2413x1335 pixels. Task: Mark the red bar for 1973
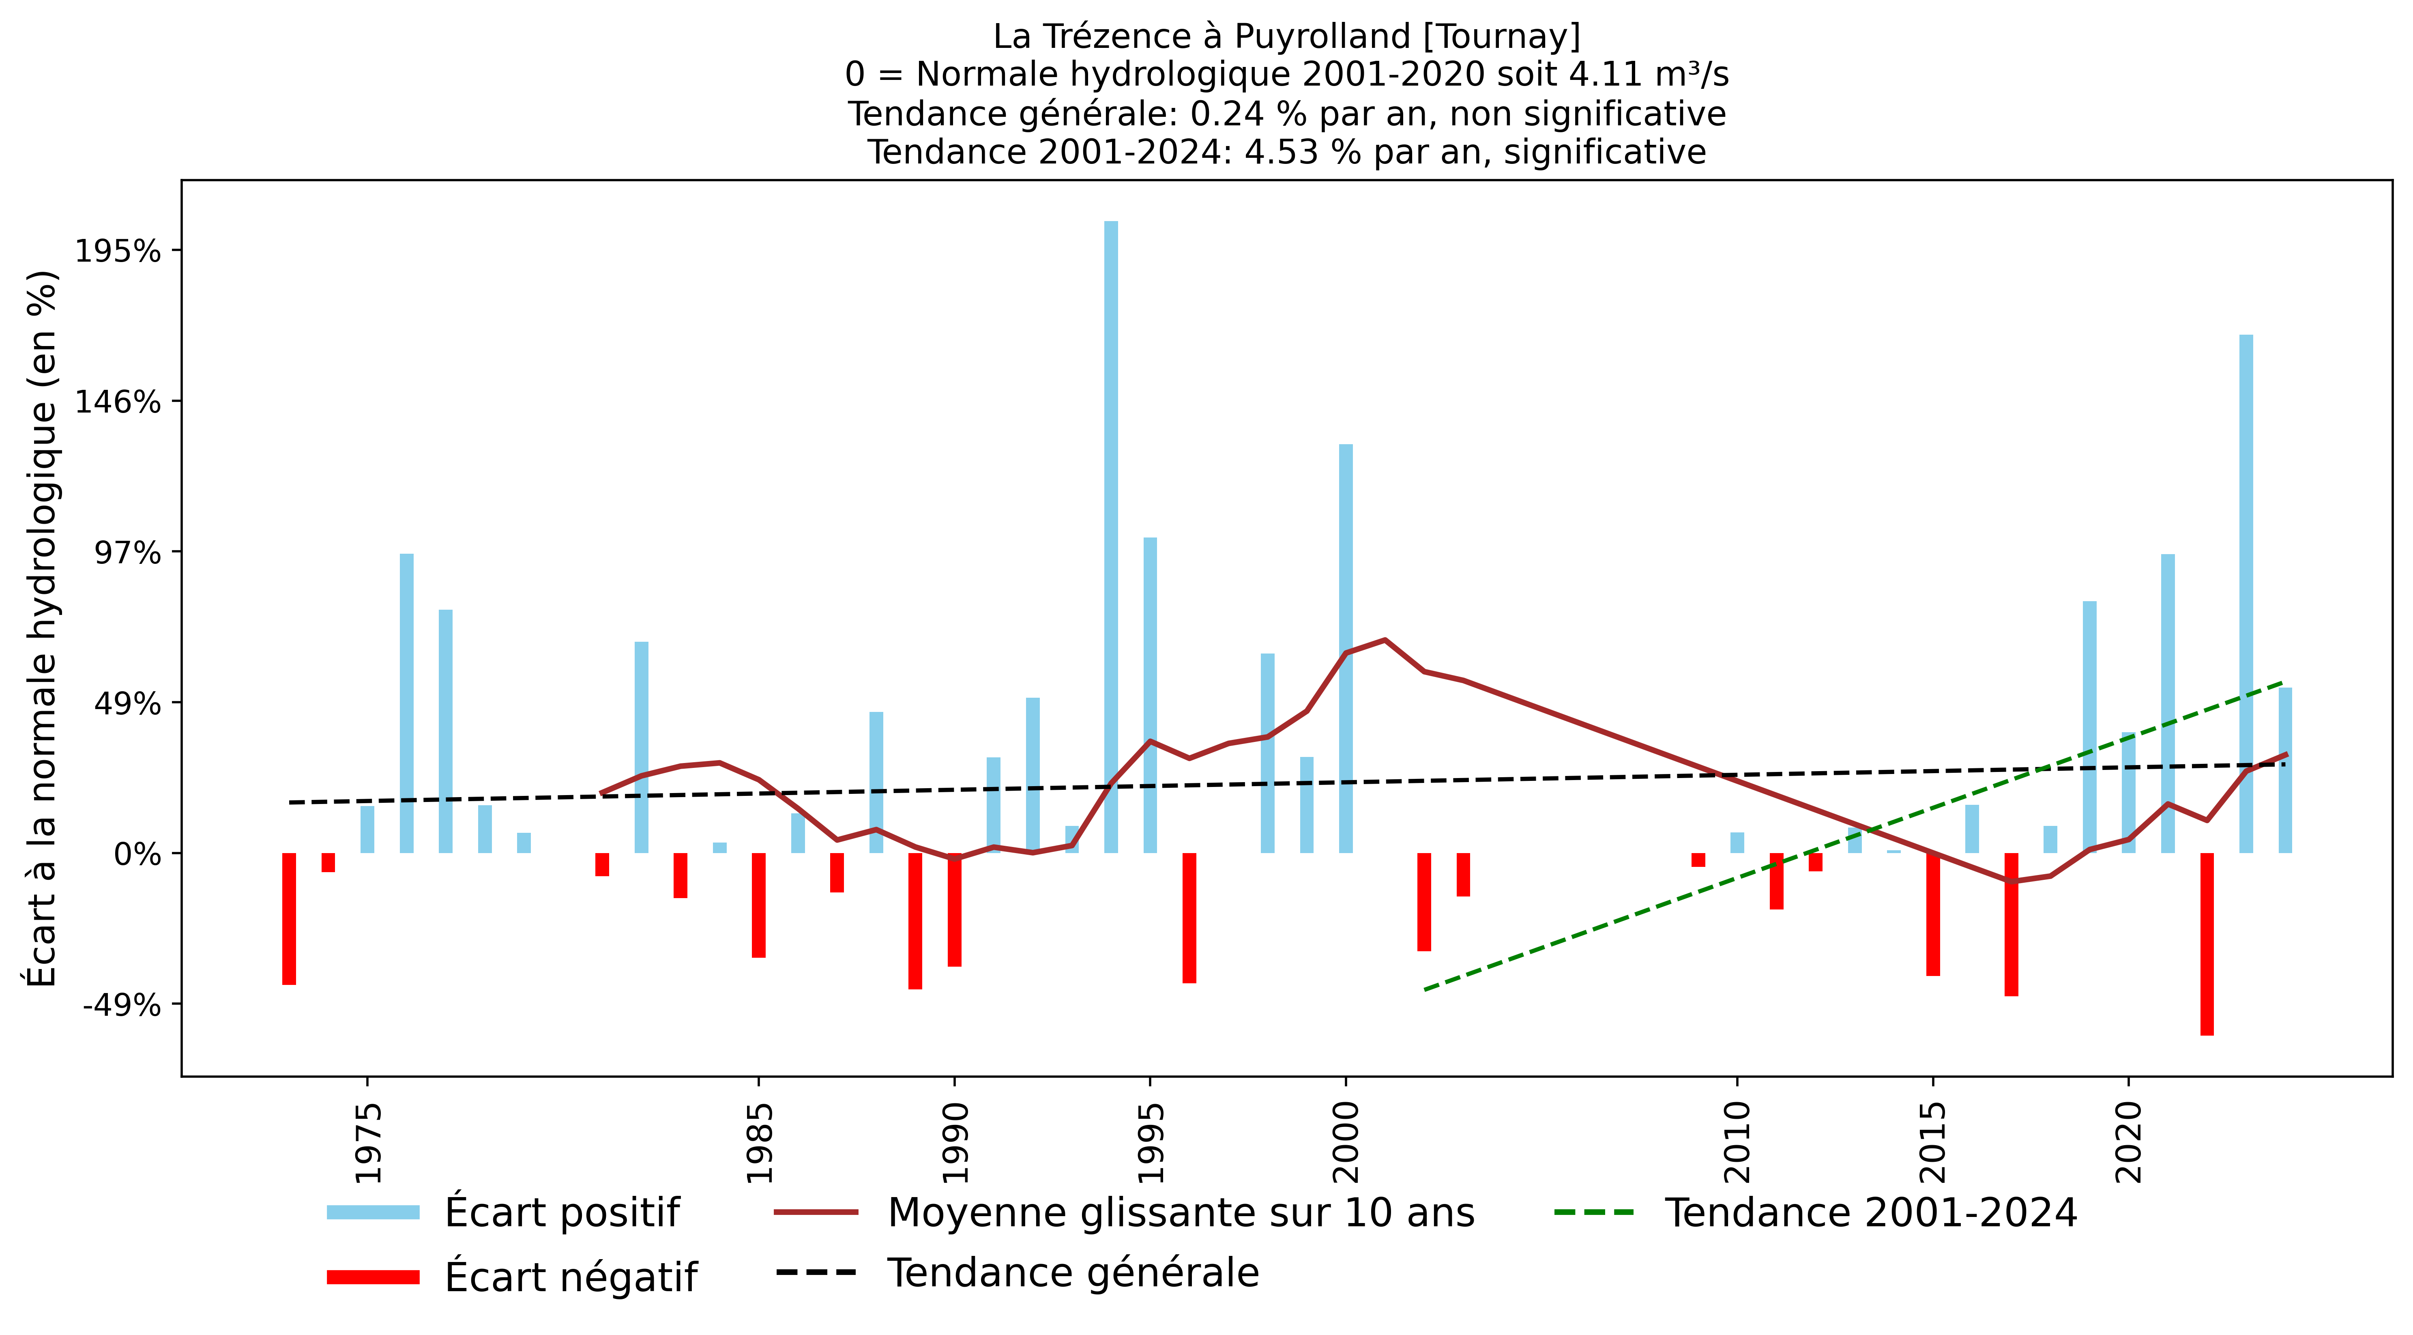288,918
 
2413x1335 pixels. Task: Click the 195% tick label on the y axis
118,251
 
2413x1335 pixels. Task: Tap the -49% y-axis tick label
122,1005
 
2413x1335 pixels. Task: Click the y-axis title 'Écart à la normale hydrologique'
42,628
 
